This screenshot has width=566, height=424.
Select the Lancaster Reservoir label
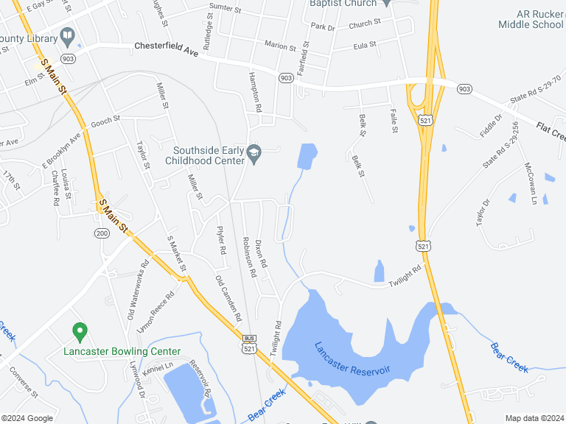[352, 359]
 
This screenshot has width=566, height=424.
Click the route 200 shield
[102, 233]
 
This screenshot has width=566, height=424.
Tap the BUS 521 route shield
[249, 342]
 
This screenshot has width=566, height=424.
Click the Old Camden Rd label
[228, 298]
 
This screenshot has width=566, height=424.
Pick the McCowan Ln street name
[529, 183]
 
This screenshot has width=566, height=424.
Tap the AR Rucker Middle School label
[531, 19]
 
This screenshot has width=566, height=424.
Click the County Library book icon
[67, 35]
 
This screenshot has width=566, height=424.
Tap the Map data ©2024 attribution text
[533, 418]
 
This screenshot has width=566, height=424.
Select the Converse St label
[24, 382]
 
